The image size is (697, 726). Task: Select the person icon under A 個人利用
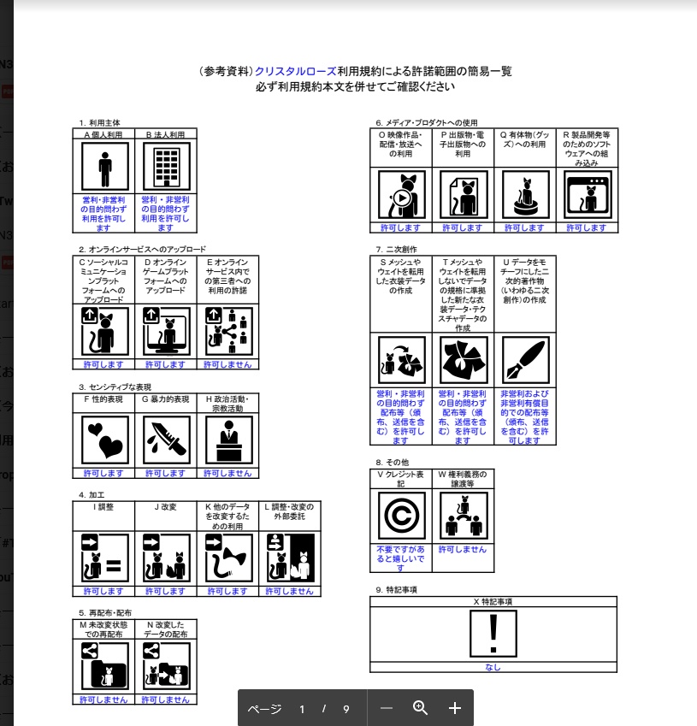pyautogui.click(x=105, y=167)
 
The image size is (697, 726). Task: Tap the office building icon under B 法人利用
pyautogui.click(x=166, y=167)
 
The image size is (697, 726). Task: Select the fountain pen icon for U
pyautogui.click(x=525, y=360)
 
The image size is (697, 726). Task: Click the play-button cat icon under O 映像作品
pyautogui.click(x=401, y=195)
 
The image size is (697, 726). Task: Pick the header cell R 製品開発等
pyautogui.click(x=586, y=148)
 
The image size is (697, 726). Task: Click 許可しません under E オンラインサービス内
pyautogui.click(x=227, y=364)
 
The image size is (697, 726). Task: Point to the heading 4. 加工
pyautogui.click(x=92, y=494)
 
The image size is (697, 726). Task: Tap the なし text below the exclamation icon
pyautogui.click(x=493, y=668)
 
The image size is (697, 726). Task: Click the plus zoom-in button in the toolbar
pyautogui.click(x=455, y=708)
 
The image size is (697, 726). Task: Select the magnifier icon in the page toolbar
pyautogui.click(x=420, y=707)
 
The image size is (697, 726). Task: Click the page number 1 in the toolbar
pyautogui.click(x=302, y=709)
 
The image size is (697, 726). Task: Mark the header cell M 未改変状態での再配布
pyautogui.click(x=103, y=629)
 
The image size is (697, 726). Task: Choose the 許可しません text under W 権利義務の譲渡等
pyautogui.click(x=463, y=549)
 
